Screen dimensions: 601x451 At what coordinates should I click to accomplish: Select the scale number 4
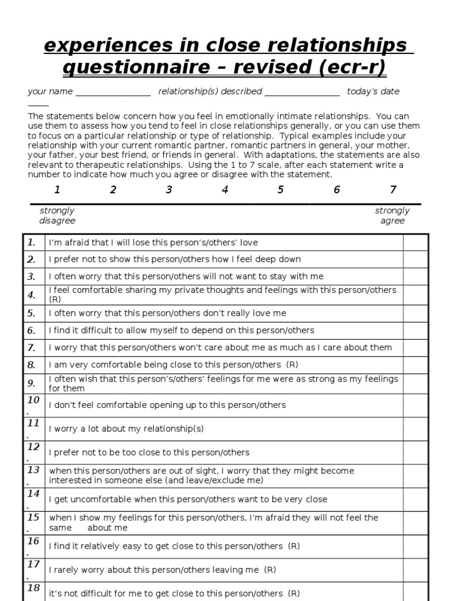click(225, 190)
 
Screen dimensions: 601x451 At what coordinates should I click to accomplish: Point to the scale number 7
click(393, 190)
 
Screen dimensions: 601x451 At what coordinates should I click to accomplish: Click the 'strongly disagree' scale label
click(58, 215)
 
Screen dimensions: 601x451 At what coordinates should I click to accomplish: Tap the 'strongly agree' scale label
click(392, 215)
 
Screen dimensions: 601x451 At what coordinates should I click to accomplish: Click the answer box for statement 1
click(415, 242)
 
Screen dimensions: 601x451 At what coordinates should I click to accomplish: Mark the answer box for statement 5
click(415, 313)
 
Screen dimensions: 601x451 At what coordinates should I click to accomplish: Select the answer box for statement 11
click(415, 428)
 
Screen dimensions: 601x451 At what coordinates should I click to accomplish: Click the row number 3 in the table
click(32, 276)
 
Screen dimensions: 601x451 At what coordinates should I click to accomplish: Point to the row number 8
click(32, 364)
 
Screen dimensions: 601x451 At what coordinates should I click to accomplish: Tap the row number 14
click(33, 494)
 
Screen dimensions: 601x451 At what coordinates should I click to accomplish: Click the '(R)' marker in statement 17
click(270, 569)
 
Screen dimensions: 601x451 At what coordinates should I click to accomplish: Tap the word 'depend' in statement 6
click(198, 330)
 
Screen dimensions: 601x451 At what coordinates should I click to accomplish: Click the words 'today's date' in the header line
click(373, 92)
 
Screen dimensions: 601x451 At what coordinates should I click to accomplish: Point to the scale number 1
click(57, 190)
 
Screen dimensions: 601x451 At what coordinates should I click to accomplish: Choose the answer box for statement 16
click(415, 546)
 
